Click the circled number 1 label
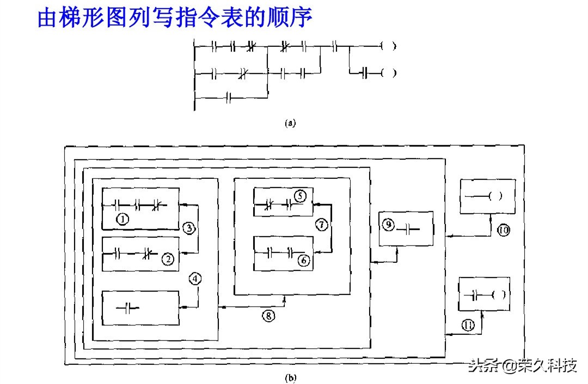click(x=123, y=219)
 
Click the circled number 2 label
click(x=169, y=260)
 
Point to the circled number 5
click(x=300, y=195)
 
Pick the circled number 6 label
click(x=304, y=261)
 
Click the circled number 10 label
click(x=503, y=231)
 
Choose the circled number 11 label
click(x=469, y=326)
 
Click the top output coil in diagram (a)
click(x=388, y=46)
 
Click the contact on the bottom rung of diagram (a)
click(x=229, y=98)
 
